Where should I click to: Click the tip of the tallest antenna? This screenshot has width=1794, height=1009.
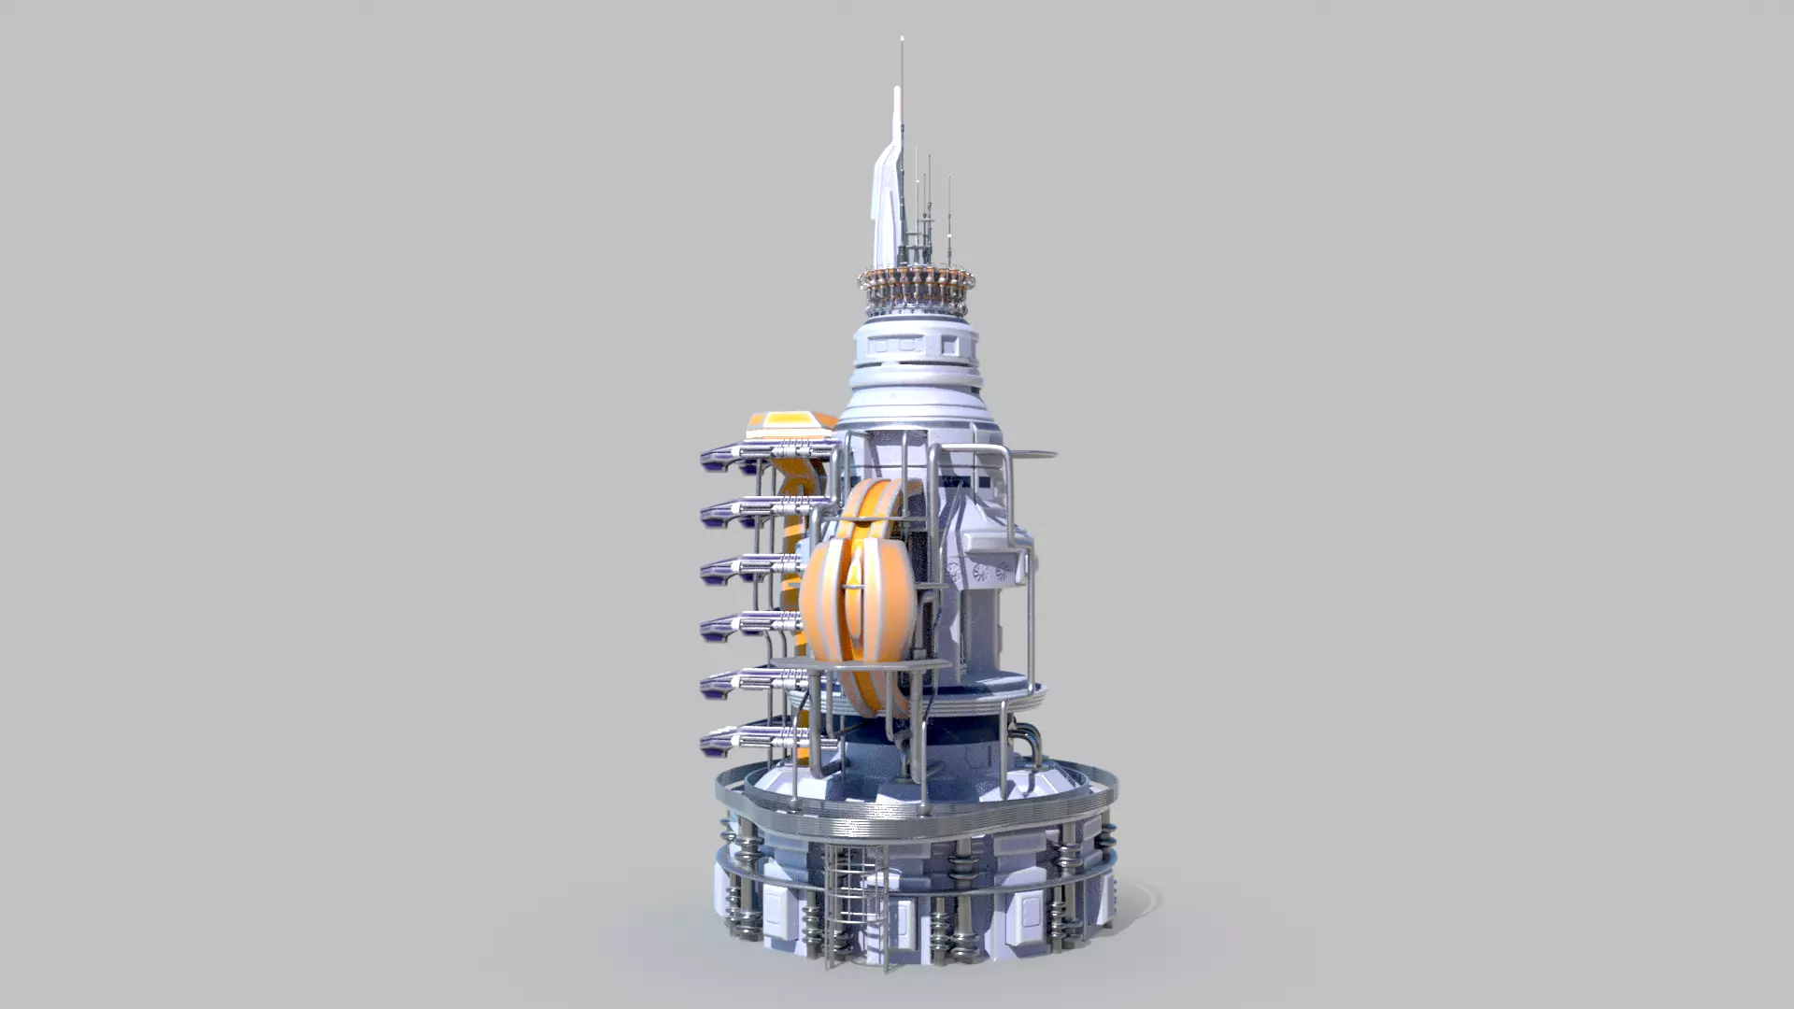(x=902, y=39)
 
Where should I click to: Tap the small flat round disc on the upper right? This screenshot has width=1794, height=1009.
(x=1032, y=455)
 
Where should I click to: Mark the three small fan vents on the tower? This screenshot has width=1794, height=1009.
(x=981, y=573)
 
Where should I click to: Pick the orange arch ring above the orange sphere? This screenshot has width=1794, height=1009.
(x=874, y=504)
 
